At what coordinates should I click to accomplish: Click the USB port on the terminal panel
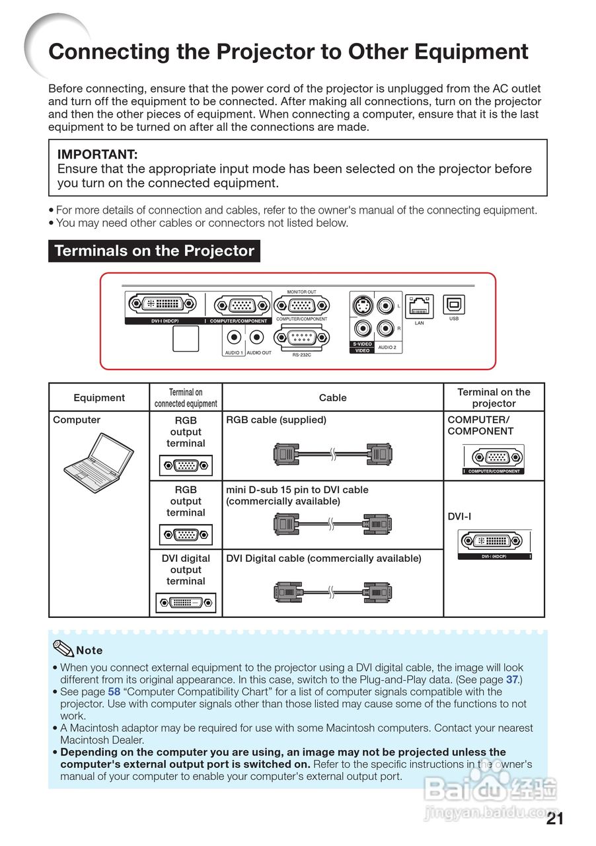[x=454, y=305]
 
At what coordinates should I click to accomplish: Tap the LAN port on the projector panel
[x=419, y=307]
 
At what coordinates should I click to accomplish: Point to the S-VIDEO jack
[x=361, y=306]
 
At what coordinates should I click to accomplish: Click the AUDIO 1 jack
[x=233, y=338]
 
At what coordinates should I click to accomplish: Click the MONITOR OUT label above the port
[x=301, y=292]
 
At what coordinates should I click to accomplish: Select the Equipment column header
[x=99, y=398]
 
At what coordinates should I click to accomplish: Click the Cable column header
[x=332, y=398]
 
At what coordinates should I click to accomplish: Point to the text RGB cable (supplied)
[x=276, y=420]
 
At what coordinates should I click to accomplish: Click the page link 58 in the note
[x=114, y=692]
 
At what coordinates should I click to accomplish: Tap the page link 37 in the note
[x=512, y=679]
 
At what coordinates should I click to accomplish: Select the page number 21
[x=555, y=820]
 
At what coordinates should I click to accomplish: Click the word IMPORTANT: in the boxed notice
[x=98, y=155]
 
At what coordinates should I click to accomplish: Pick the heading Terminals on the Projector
[x=154, y=251]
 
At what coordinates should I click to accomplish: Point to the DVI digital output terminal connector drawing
[x=186, y=602]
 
